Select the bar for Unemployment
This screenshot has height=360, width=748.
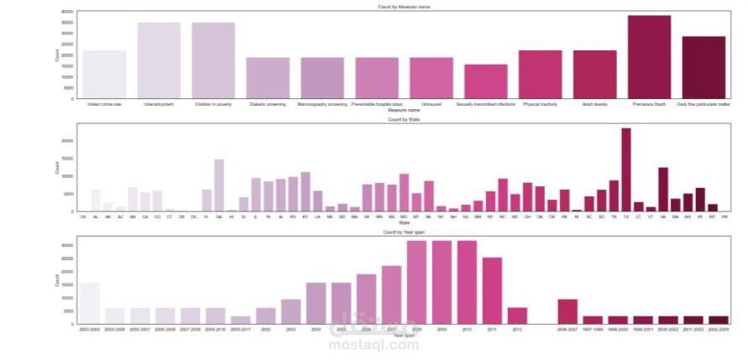[159, 60]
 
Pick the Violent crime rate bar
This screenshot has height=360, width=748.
[104, 75]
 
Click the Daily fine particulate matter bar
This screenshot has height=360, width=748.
[704, 67]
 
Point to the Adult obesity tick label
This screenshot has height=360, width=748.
[594, 104]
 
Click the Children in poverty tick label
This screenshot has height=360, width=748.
[213, 104]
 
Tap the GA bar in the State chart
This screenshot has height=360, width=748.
[219, 185]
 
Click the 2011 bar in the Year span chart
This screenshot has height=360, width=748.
[492, 290]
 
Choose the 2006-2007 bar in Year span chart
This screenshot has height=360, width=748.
[568, 311]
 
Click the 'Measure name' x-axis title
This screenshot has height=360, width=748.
[402, 110]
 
